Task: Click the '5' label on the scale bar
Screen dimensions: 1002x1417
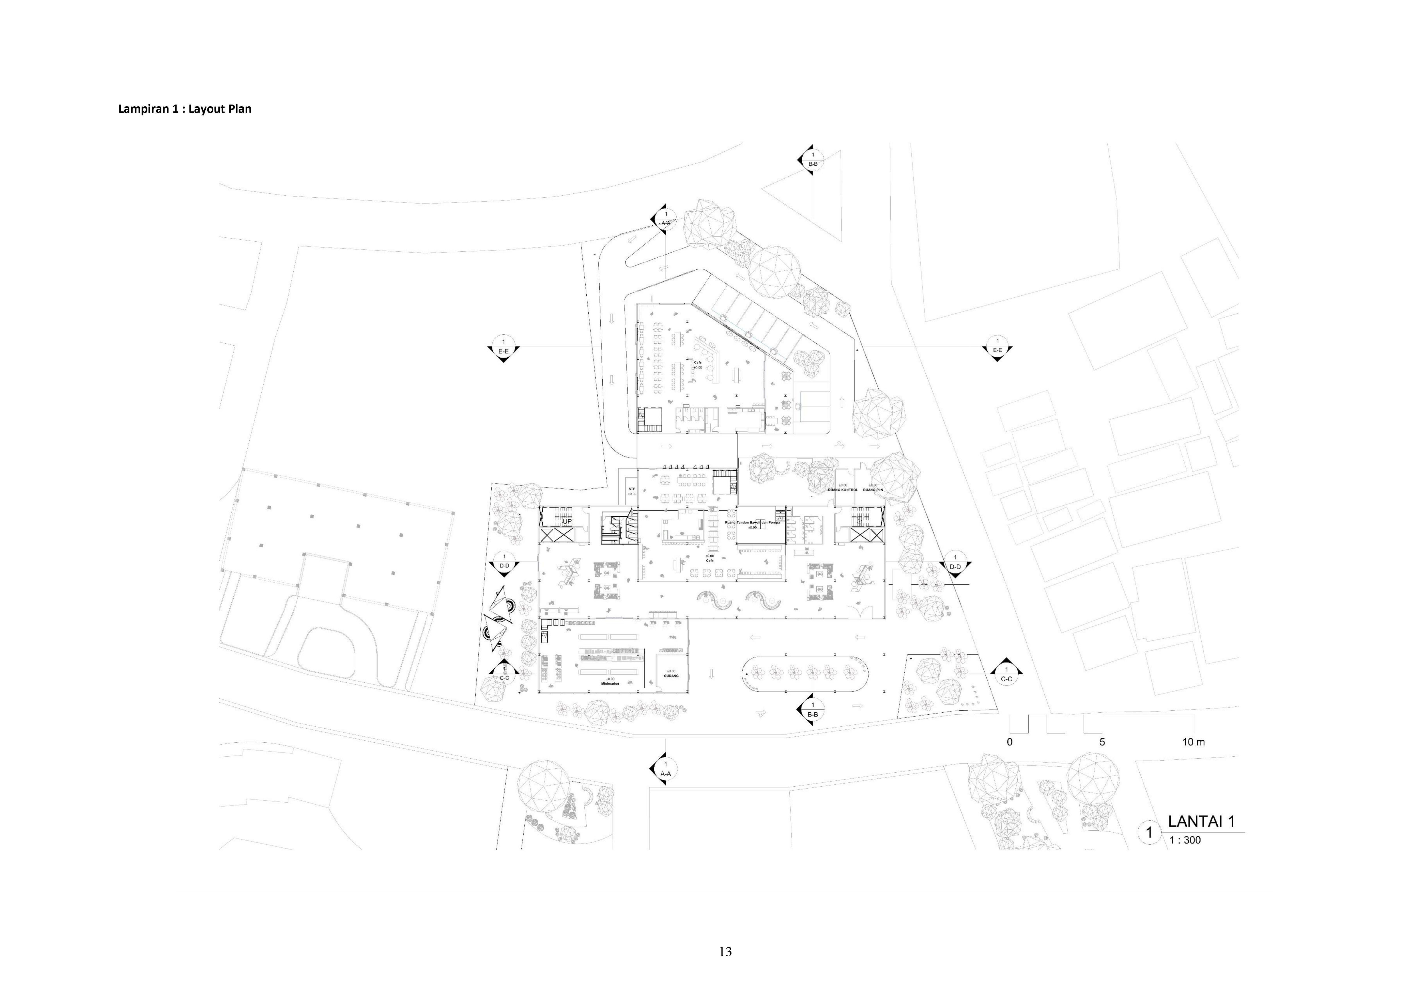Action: pyautogui.click(x=1102, y=742)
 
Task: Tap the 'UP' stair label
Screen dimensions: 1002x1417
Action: pyautogui.click(x=567, y=521)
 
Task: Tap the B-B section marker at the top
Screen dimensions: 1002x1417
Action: pyautogui.click(x=813, y=160)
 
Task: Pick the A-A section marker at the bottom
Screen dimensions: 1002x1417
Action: pyautogui.click(x=665, y=769)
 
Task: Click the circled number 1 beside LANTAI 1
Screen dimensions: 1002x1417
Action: pyautogui.click(x=1149, y=832)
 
